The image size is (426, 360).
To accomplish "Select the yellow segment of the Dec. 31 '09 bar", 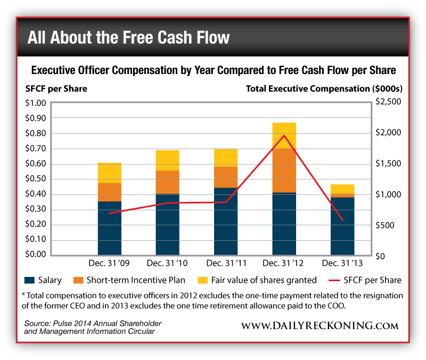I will pos(109,173).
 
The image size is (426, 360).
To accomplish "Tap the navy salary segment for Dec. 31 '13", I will pos(341,226).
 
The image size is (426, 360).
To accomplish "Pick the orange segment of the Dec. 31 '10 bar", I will pos(167,182).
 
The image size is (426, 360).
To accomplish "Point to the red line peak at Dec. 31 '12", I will pos(284,136).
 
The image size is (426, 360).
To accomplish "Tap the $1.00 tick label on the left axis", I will pos(36,102).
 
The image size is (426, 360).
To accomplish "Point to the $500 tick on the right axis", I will pos(386,225).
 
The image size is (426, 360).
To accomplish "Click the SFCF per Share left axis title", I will pos(56,88).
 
